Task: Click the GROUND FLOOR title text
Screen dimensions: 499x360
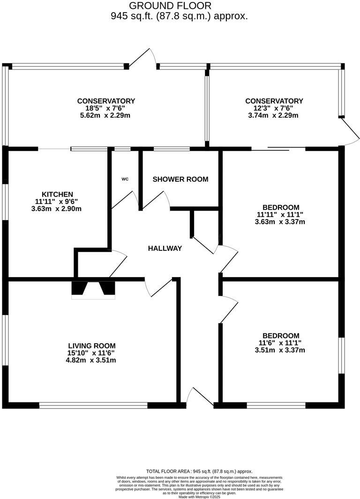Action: [170, 6]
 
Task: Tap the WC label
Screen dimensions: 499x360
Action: [125, 179]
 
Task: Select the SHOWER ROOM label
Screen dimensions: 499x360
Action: [180, 179]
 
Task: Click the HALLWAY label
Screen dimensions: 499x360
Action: [165, 248]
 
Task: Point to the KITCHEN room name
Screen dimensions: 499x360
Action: [57, 194]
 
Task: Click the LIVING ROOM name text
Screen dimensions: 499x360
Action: [91, 346]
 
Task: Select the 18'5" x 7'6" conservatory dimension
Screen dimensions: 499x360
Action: [106, 108]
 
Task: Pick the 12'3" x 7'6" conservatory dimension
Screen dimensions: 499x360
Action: [274, 108]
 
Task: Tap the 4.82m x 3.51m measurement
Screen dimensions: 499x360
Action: [91, 360]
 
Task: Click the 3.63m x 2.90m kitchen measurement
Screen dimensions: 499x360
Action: [57, 209]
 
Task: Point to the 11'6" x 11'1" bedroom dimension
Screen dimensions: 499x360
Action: [280, 343]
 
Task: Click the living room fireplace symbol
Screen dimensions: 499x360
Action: [93, 289]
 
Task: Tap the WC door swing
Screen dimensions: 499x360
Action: [125, 200]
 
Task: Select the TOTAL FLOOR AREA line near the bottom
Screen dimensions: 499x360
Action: [200, 471]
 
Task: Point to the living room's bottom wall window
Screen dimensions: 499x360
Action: [93, 405]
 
